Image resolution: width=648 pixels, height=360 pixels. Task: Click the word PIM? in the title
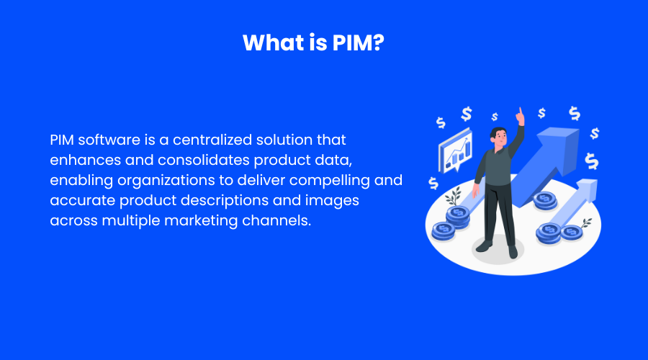[358, 42]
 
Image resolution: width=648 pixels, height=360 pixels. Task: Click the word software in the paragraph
[109, 140]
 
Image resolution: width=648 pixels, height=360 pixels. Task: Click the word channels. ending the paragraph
[276, 221]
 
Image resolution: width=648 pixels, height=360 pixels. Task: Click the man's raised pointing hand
[520, 116]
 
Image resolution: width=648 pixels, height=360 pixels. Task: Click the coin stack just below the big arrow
[545, 202]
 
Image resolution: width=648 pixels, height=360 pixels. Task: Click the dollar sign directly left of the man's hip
[433, 183]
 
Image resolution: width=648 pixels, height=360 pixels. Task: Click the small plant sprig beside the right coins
[585, 223]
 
